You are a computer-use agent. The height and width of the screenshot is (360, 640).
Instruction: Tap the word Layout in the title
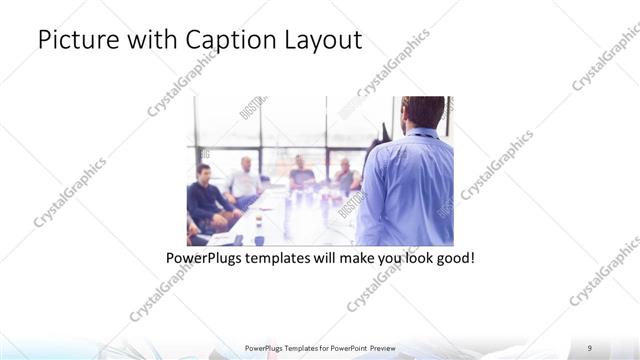point(322,40)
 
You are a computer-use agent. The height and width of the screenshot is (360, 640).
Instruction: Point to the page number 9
point(590,347)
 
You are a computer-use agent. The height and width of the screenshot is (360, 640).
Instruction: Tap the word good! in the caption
point(454,258)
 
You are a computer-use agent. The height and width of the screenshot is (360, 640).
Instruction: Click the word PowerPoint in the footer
point(347,348)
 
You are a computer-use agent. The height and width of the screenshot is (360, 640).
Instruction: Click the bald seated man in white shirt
point(242,180)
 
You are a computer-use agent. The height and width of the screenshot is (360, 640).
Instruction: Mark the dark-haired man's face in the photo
point(204,175)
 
